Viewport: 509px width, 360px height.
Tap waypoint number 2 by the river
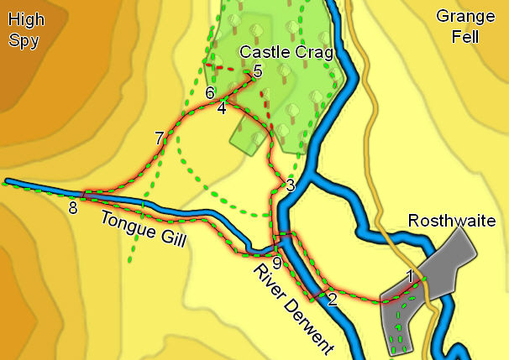pyautogui.click(x=332, y=299)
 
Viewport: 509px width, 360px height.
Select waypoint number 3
pyautogui.click(x=290, y=185)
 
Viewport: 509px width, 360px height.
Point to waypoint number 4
pyautogui.click(x=222, y=108)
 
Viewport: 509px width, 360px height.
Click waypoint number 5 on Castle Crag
pyautogui.click(x=257, y=71)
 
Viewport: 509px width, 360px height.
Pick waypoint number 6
pyautogui.click(x=210, y=92)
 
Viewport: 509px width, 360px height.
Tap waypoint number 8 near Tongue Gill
pyautogui.click(x=73, y=208)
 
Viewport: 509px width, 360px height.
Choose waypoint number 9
pyautogui.click(x=278, y=261)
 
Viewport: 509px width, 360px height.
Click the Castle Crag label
pyautogui.click(x=286, y=52)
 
